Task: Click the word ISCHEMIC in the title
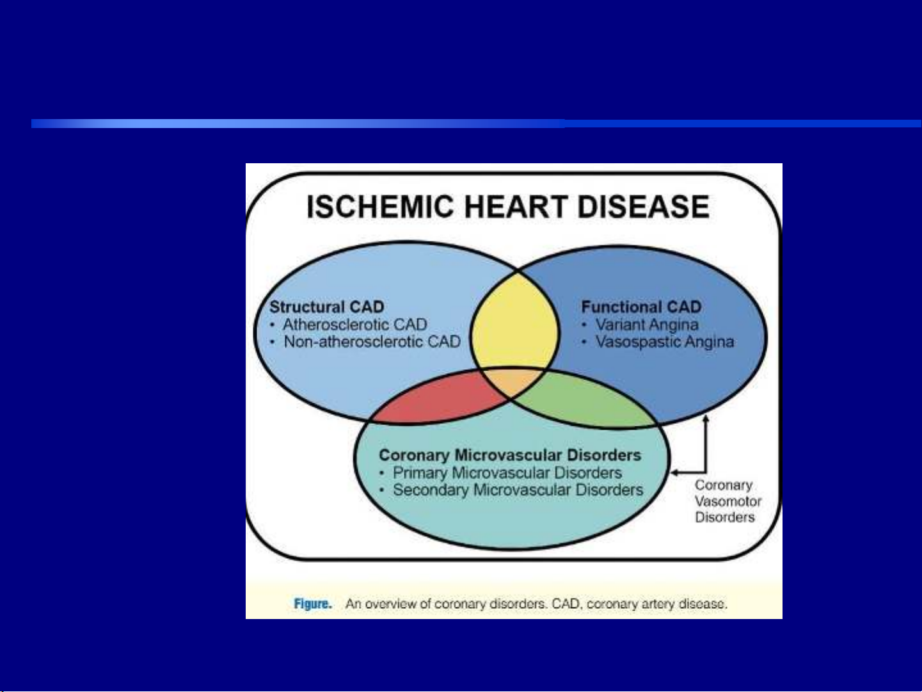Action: pos(380,207)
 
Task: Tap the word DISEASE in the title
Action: pos(644,207)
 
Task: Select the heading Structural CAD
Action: pos(327,307)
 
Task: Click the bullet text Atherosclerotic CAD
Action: pos(355,325)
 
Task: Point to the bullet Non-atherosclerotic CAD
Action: pos(372,342)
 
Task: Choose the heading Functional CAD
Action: pos(641,307)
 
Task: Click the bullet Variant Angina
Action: pos(647,325)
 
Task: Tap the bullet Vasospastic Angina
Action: pos(665,342)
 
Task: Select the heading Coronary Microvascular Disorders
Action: pos(510,455)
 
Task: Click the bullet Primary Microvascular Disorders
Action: pos(507,472)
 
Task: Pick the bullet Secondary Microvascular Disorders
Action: pos(518,490)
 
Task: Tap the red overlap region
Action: pos(437,399)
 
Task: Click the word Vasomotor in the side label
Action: pos(728,501)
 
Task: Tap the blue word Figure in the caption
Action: pos(313,604)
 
